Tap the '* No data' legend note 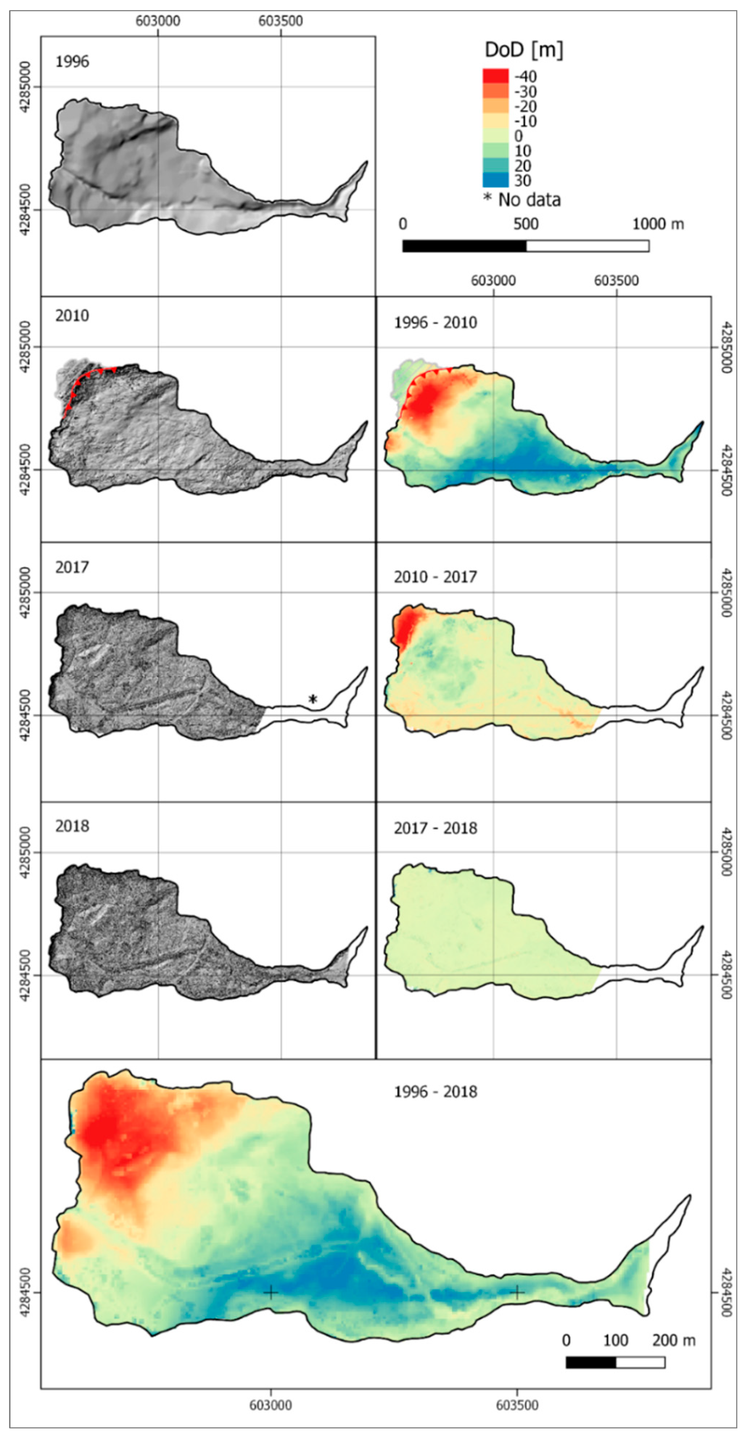tap(522, 200)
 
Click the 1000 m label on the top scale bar tap(658, 224)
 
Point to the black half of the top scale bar tap(464, 246)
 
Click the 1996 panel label tap(72, 62)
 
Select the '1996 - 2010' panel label tap(435, 322)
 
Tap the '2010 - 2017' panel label tap(435, 577)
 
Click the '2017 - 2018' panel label tap(435, 828)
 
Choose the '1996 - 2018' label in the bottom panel tap(435, 1092)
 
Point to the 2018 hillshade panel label tap(72, 826)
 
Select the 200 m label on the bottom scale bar tap(673, 1340)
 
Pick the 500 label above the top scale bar tap(526, 224)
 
